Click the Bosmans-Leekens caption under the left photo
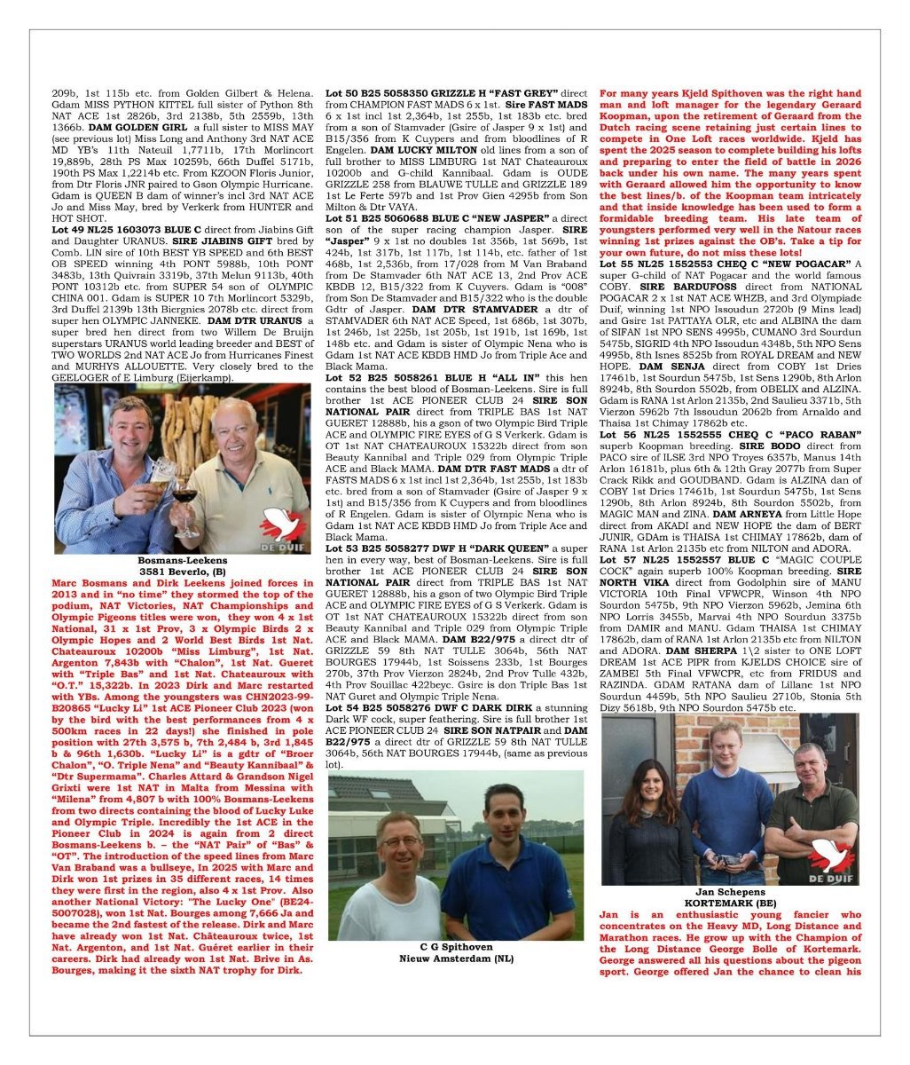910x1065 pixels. point(182,561)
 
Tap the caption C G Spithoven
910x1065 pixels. point(455,948)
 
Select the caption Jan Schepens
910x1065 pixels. point(730,890)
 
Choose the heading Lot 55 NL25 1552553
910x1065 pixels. point(661,264)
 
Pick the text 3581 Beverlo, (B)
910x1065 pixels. point(182,572)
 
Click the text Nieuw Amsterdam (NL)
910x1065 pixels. point(455,959)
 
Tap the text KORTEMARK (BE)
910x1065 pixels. point(730,901)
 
